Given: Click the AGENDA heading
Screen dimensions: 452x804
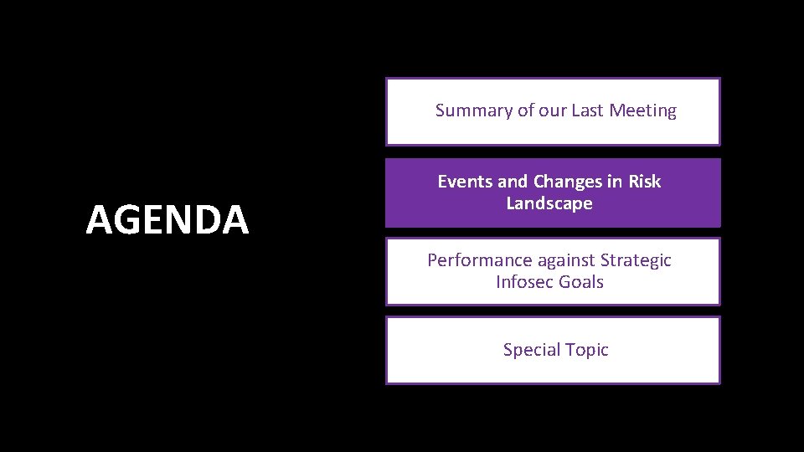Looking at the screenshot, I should point(167,220).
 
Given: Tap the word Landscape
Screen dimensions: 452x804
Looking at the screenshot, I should point(549,203).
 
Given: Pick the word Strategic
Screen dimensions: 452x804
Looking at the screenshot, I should point(636,260).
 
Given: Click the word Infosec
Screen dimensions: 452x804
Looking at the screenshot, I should point(524,282).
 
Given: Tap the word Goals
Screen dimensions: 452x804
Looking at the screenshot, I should point(580,282).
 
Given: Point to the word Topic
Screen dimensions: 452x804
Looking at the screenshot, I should point(587,350).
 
